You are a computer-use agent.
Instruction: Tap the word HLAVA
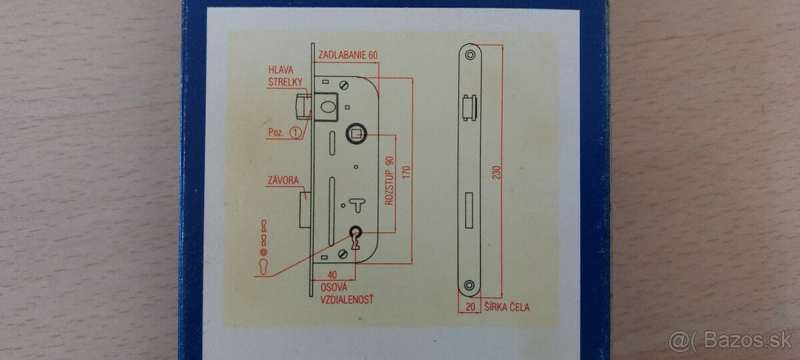pyautogui.click(x=281, y=70)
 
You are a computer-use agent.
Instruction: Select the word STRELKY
pyautogui.click(x=285, y=82)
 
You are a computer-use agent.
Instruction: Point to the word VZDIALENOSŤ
pyautogui.click(x=347, y=300)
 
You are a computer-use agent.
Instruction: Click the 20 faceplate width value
pyautogui.click(x=471, y=307)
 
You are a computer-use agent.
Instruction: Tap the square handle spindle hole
pyautogui.click(x=353, y=136)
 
